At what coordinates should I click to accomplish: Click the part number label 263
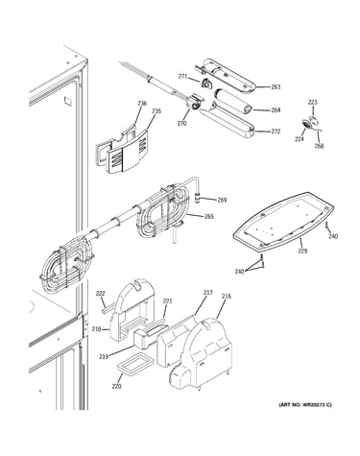pyautogui.click(x=276, y=86)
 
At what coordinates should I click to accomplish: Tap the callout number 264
pyautogui.click(x=276, y=110)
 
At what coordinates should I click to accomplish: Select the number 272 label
pyautogui.click(x=276, y=132)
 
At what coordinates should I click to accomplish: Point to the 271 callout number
pyautogui.click(x=182, y=76)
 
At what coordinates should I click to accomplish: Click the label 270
pyautogui.click(x=181, y=123)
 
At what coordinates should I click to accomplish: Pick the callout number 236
pyautogui.click(x=142, y=103)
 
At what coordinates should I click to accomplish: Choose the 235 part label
pyautogui.click(x=156, y=111)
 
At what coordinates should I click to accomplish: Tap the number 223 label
pyautogui.click(x=313, y=102)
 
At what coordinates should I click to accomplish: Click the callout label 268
pyautogui.click(x=319, y=146)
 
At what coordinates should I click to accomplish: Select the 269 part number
pyautogui.click(x=222, y=200)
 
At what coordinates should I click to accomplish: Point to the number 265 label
pyautogui.click(x=208, y=217)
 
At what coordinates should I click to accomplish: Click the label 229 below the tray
pyautogui.click(x=302, y=251)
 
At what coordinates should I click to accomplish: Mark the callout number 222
pyautogui.click(x=101, y=294)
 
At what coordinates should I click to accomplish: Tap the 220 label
pyautogui.click(x=116, y=387)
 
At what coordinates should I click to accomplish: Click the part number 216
pyautogui.click(x=227, y=297)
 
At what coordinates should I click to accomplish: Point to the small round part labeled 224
pyautogui.click(x=306, y=125)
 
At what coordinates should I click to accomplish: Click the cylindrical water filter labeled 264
pyautogui.click(x=233, y=102)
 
